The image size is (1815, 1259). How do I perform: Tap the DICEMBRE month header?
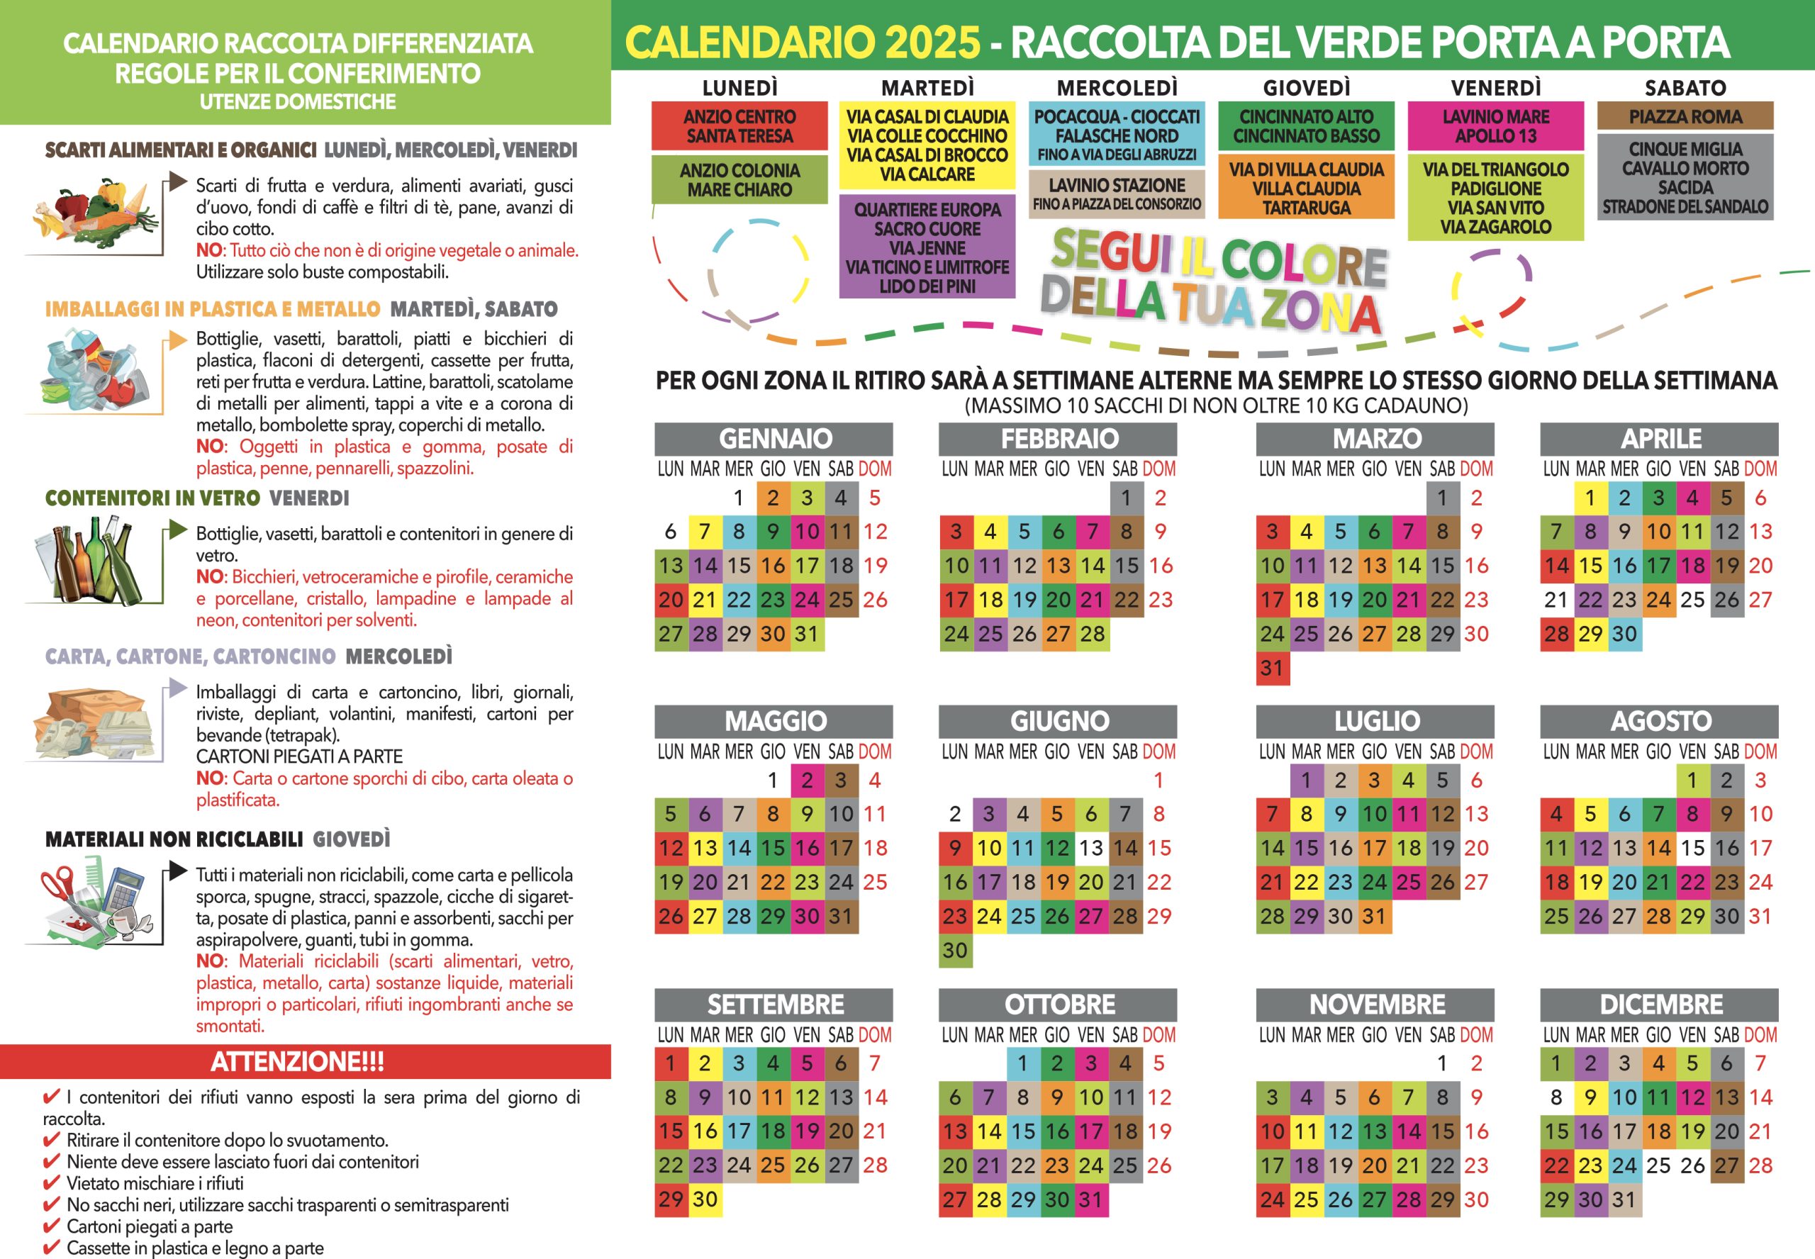tap(1660, 1005)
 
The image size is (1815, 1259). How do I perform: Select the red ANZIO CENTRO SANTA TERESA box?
tap(739, 126)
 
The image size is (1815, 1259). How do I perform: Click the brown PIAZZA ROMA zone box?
tap(1685, 117)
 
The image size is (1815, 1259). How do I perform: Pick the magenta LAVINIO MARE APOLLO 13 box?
tap(1495, 126)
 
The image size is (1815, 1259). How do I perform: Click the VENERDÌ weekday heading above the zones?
tap(1495, 88)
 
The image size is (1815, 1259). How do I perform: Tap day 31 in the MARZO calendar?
tap(1271, 668)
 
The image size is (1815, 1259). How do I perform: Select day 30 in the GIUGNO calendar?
tap(954, 951)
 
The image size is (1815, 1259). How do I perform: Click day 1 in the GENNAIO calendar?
tap(738, 498)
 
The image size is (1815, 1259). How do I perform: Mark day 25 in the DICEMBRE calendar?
tap(1658, 1165)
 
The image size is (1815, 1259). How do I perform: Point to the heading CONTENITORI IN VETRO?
tap(152, 498)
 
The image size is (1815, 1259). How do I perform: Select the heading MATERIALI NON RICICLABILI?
tap(174, 839)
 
